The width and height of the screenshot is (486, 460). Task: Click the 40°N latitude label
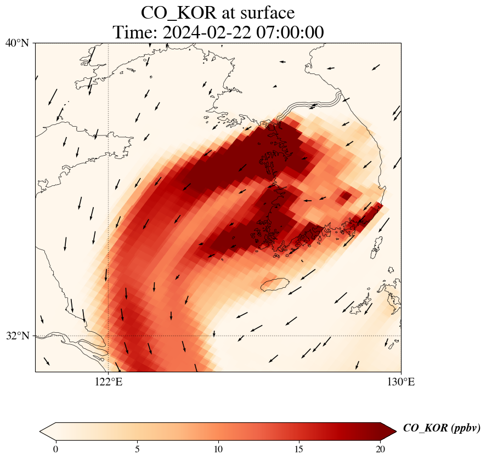17,43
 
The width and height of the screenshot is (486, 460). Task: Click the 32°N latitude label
17,336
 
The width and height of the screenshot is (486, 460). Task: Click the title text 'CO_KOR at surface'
218,13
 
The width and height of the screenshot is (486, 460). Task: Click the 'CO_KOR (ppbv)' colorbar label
442,429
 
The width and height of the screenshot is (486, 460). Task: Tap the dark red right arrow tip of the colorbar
390,431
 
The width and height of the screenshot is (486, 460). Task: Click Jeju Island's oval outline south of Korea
275,285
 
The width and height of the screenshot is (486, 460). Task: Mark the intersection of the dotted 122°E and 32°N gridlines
109,336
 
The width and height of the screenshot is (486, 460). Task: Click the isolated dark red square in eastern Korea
346,196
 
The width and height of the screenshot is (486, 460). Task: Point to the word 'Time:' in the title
134,32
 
